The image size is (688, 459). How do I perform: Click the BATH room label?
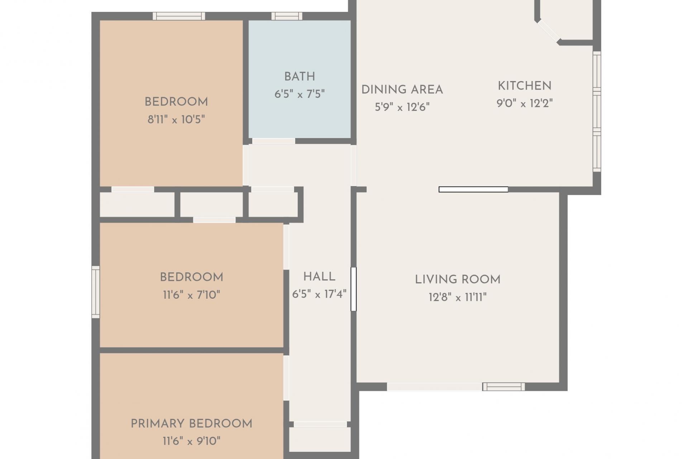coord(300,77)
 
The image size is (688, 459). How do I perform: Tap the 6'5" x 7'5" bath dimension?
coord(300,94)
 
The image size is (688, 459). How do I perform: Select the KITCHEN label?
coord(525,86)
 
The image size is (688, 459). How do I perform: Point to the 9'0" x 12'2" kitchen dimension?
coord(525,103)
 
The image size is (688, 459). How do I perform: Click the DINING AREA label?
coord(402,90)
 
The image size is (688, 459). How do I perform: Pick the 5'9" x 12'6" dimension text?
coord(402,107)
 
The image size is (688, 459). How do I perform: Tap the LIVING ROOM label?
coord(458,280)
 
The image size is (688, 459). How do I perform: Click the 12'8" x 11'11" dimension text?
coord(458,297)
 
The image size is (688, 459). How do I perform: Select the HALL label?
coord(319,277)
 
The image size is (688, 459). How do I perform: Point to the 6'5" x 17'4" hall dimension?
coord(319,294)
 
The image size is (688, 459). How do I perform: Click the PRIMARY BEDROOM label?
coord(191,424)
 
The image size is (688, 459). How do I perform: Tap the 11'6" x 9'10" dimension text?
coord(191,441)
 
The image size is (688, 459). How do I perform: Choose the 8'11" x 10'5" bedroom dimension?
coord(176,119)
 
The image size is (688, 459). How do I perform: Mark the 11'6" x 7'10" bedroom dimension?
coord(191,295)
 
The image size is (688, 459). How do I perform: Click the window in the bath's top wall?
coord(287,16)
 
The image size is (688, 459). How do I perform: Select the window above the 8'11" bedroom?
coord(179,16)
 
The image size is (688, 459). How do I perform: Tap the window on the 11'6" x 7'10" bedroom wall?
coord(96,292)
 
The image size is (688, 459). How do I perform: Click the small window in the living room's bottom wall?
coord(503,387)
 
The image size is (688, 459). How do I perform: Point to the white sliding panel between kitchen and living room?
coord(473,189)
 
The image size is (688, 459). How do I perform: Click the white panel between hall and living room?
coord(353,289)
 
